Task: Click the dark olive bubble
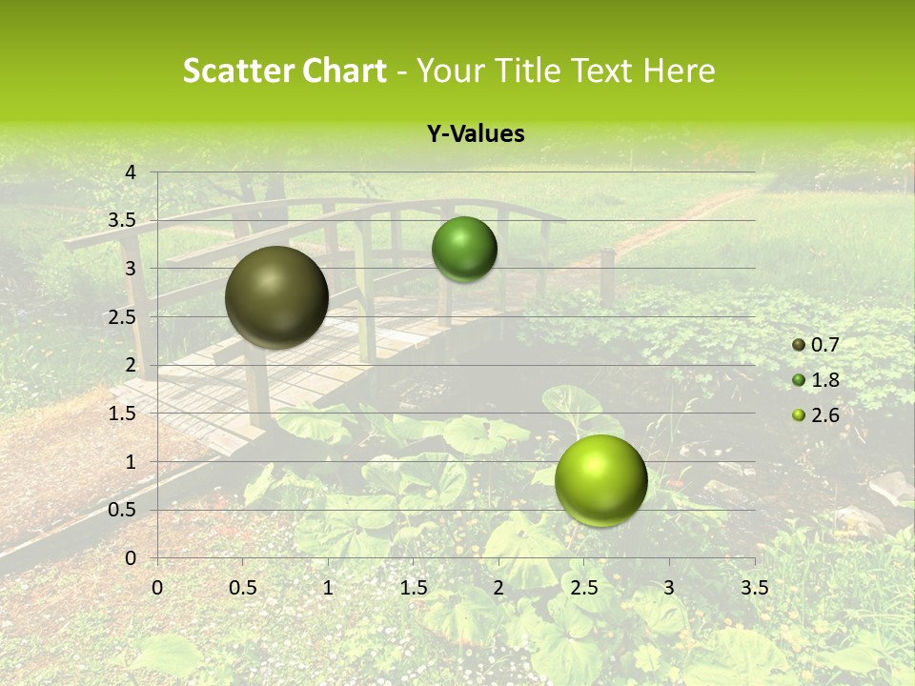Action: (276, 297)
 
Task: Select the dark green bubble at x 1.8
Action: (464, 250)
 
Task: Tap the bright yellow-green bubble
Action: (600, 480)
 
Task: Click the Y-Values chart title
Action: (475, 134)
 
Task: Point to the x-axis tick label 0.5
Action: (242, 588)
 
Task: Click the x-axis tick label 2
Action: (498, 588)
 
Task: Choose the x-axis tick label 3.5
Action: (754, 588)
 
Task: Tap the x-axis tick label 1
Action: (328, 588)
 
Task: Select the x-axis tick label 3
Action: (669, 588)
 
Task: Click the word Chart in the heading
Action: (345, 71)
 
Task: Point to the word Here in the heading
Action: (679, 71)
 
